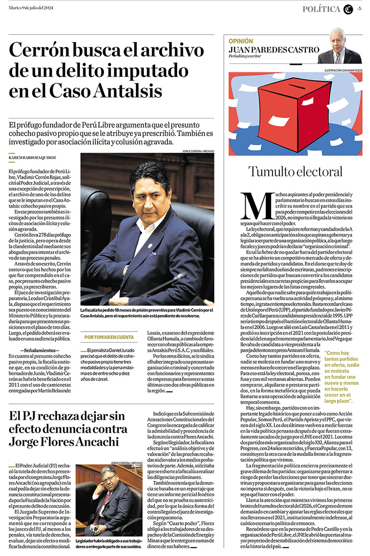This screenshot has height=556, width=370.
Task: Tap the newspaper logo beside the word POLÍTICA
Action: [348, 9]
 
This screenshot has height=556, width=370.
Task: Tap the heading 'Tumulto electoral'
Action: [295, 171]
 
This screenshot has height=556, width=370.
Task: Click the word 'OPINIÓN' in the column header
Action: [241, 41]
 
